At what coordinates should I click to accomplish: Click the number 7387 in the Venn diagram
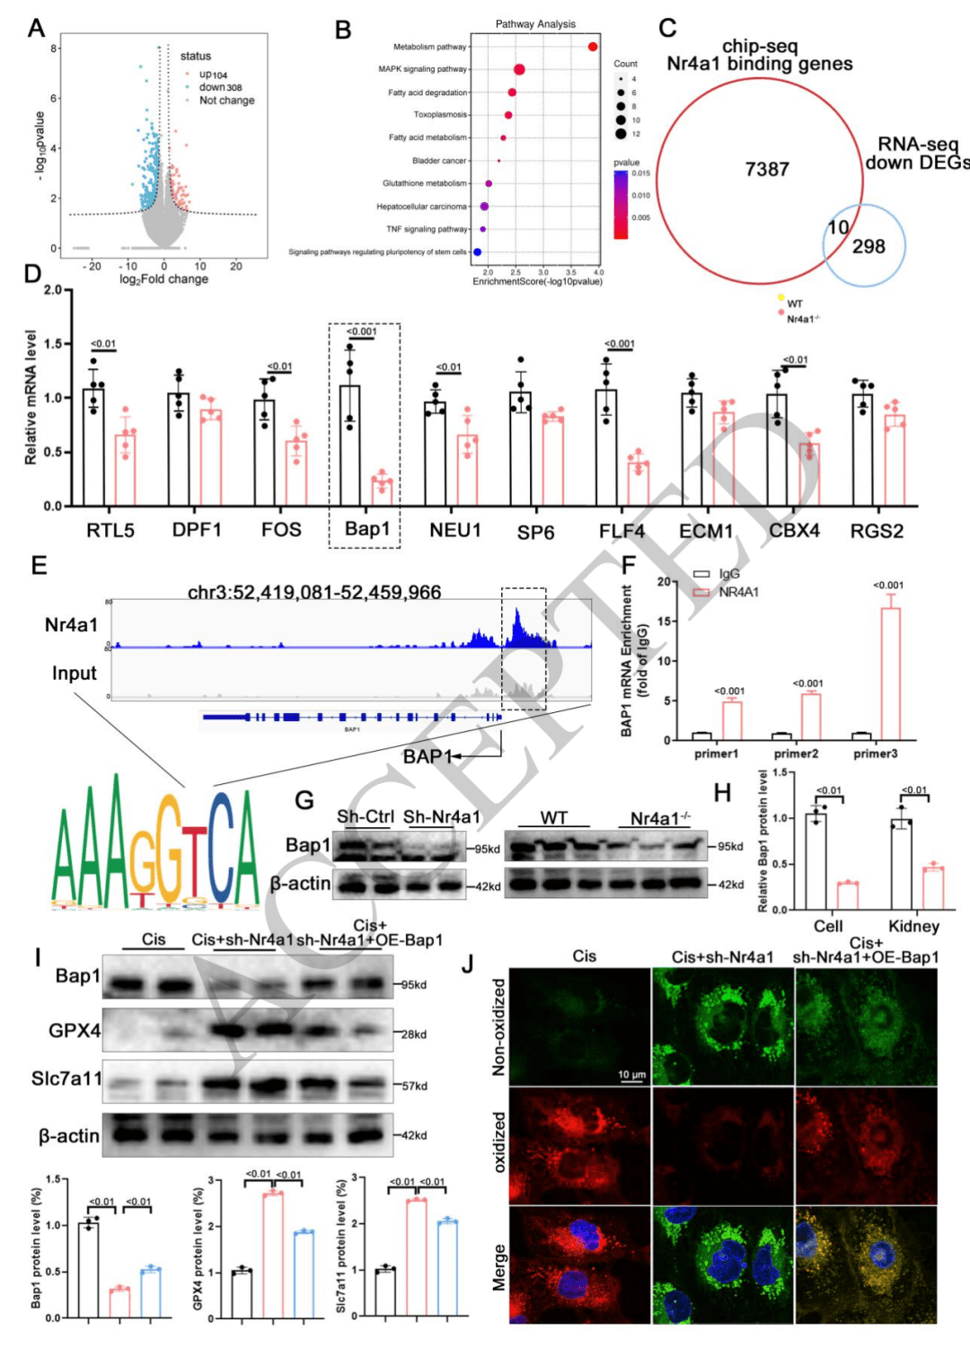click(x=767, y=169)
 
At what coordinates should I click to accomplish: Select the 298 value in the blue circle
click(x=869, y=246)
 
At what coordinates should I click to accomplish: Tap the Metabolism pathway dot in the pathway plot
click(x=593, y=47)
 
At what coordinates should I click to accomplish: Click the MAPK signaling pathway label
click(x=422, y=69)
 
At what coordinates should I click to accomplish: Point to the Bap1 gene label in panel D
click(x=367, y=528)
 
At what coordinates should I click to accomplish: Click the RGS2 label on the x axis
click(x=877, y=531)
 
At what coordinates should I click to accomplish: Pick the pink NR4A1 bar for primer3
click(x=890, y=674)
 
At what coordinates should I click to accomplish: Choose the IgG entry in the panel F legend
click(x=728, y=574)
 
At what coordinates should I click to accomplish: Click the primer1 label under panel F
click(x=716, y=753)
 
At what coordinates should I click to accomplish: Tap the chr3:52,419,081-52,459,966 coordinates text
click(x=314, y=592)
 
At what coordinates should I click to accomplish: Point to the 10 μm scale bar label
click(x=631, y=1074)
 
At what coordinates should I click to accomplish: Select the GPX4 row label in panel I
click(x=75, y=1031)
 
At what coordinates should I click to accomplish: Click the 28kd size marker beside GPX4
click(x=413, y=1035)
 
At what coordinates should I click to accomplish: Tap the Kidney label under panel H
click(x=913, y=926)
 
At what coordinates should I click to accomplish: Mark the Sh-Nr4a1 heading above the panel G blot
click(x=442, y=817)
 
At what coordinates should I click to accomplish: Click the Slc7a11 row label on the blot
click(x=66, y=1079)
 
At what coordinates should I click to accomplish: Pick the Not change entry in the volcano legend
click(x=226, y=101)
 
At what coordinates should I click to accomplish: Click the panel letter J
click(x=467, y=965)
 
